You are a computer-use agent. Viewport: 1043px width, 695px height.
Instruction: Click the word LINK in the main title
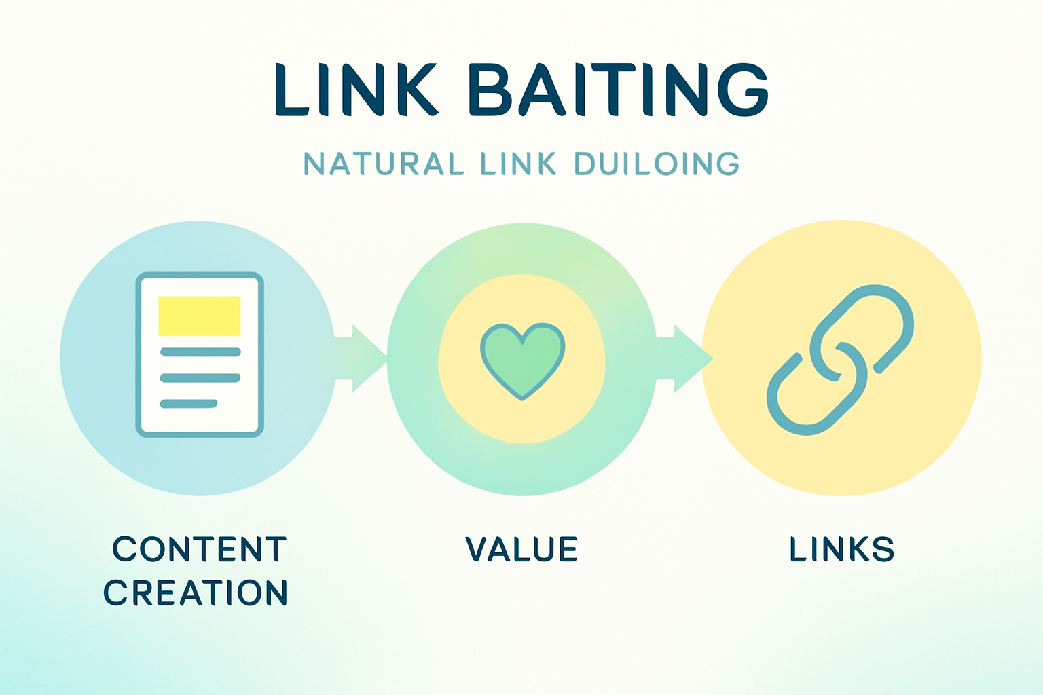[355, 90]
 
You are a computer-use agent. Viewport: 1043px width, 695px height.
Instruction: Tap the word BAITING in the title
[618, 90]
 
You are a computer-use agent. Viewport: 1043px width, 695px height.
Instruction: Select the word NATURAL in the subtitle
[384, 164]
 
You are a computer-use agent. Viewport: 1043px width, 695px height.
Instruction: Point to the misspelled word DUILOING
[657, 164]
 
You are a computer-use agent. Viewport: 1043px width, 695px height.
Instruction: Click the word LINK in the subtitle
[519, 164]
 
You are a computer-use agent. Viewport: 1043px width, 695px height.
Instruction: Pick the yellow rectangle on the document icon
[199, 316]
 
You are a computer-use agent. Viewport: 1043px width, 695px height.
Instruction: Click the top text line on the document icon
[200, 352]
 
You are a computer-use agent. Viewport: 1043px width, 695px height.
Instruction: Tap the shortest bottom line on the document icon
[188, 404]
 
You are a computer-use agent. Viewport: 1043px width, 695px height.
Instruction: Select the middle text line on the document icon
[200, 378]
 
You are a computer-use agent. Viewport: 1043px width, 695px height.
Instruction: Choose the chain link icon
[840, 359]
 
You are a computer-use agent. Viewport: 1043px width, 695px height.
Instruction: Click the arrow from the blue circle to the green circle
[360, 358]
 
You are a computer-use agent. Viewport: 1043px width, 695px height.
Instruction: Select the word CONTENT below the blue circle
[200, 549]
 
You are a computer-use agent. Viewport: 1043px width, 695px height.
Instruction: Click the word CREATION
[196, 593]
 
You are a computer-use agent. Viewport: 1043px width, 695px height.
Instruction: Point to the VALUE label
[521, 549]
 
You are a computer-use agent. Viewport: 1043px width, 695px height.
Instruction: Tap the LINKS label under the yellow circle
[841, 549]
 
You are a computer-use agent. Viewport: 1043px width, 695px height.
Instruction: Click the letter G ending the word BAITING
[743, 90]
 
